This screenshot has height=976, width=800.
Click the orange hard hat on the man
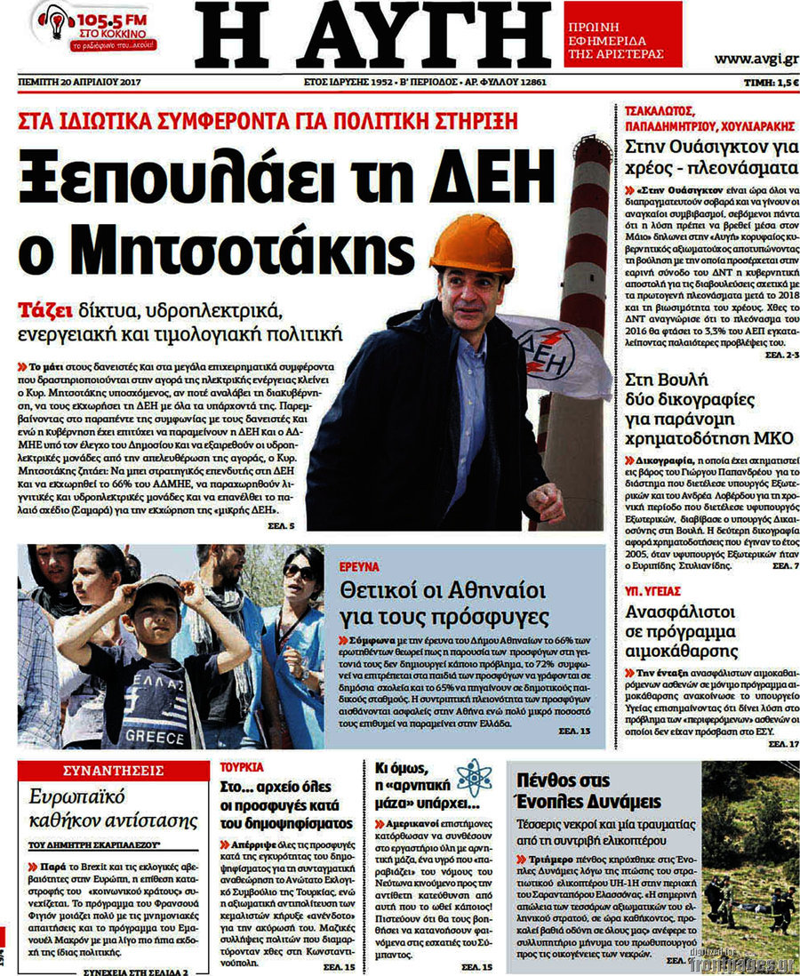tap(471, 244)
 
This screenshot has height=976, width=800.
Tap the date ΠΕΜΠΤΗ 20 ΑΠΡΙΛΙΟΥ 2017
tap(79, 82)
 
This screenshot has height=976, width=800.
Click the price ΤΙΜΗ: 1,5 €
tap(770, 82)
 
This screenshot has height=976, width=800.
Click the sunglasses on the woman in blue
tap(299, 571)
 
